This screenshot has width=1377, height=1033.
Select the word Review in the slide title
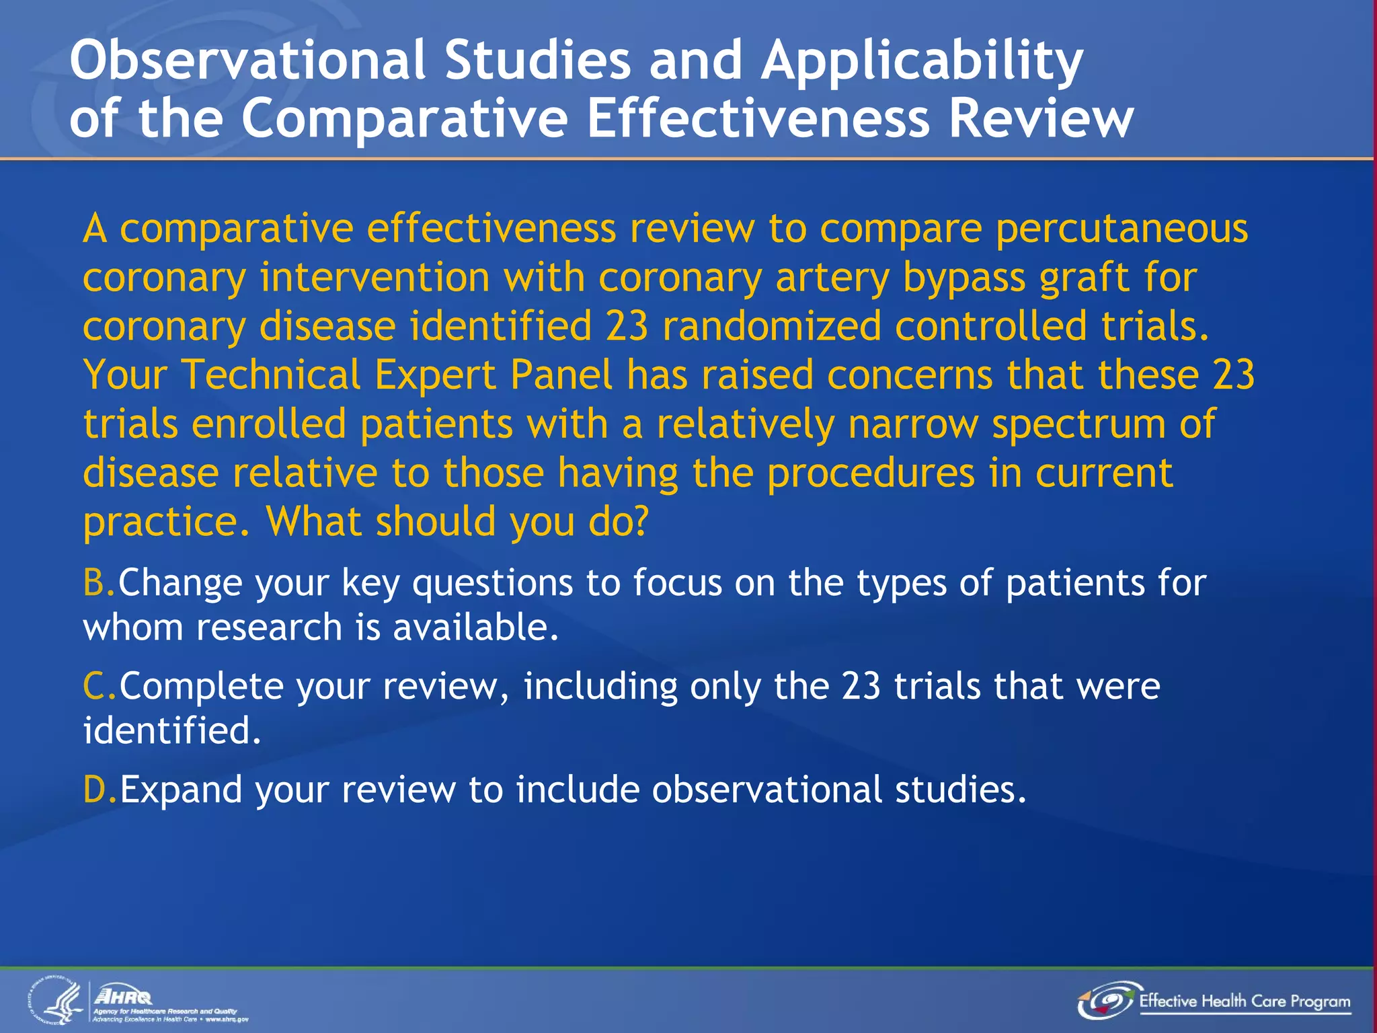(x=1041, y=118)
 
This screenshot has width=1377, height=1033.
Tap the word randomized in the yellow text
(x=771, y=326)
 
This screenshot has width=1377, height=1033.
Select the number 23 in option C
(x=861, y=687)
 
